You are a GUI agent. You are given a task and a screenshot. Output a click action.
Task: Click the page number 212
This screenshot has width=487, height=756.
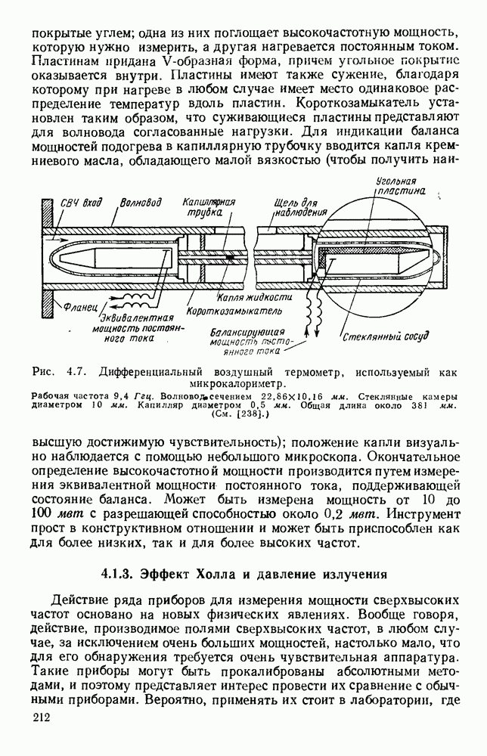41,720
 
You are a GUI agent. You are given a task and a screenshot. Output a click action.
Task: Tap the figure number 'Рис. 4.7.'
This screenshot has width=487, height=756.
60,372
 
